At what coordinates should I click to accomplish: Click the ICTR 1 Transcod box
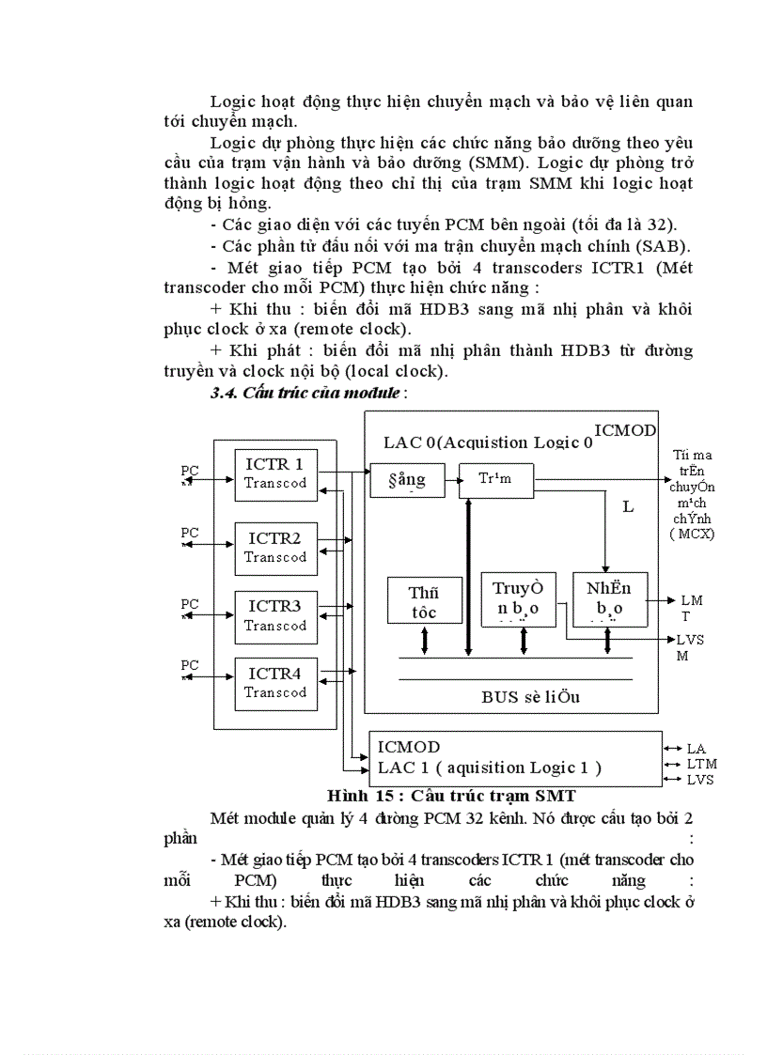click(275, 474)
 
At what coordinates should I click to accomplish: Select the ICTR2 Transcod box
click(275, 548)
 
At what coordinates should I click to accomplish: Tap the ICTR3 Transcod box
click(275, 615)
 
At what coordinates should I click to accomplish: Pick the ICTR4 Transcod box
click(275, 683)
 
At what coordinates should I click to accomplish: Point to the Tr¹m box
click(494, 479)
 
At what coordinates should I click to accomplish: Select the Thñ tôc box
click(424, 601)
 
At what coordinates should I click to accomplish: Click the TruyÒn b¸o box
click(518, 598)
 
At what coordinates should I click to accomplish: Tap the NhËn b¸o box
click(609, 598)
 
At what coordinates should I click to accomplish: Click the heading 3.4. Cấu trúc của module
click(311, 393)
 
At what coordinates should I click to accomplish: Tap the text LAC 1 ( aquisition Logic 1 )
click(489, 768)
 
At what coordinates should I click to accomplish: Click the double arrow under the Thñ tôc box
click(425, 639)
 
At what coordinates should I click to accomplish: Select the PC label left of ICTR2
click(190, 533)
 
